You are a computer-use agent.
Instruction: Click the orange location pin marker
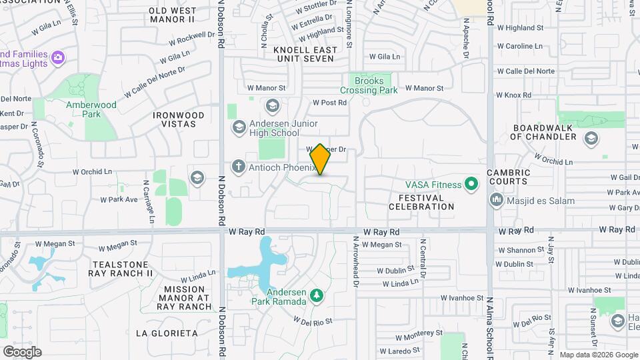tap(320, 159)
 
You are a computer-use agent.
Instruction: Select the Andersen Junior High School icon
tap(239, 127)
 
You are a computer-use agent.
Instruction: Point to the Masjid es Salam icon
tap(496, 199)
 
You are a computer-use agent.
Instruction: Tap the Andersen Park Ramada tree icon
tap(317, 294)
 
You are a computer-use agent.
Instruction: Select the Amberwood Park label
tap(91, 109)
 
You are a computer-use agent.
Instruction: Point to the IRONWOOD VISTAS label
tap(178, 119)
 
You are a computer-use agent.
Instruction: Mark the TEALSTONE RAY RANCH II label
tap(123, 269)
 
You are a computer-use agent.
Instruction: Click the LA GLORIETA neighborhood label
tap(167, 333)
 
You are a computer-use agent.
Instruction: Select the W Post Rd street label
tap(330, 103)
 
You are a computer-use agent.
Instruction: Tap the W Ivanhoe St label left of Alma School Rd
tap(461, 298)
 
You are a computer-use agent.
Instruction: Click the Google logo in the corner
tap(22, 351)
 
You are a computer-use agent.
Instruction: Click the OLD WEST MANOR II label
tap(172, 15)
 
